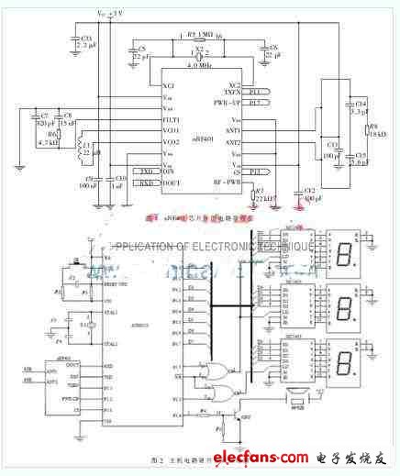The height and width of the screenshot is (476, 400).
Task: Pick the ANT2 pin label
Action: point(233,144)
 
